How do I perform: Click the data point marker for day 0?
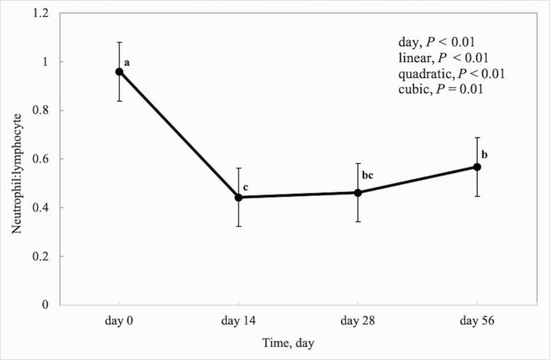click(x=119, y=72)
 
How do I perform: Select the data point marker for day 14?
click(x=238, y=198)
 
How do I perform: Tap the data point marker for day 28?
click(x=358, y=192)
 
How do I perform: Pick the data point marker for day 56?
click(x=477, y=167)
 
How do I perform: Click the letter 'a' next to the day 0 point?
click(x=127, y=63)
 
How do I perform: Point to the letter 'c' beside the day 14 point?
click(x=246, y=188)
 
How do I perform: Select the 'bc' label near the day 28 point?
click(x=368, y=175)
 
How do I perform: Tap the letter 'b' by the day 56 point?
click(x=485, y=154)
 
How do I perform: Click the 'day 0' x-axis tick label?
click(x=119, y=319)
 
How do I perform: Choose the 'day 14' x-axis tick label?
click(x=238, y=319)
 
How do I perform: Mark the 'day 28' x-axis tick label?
click(x=358, y=319)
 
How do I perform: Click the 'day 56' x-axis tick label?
click(x=477, y=319)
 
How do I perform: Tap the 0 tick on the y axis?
click(x=50, y=304)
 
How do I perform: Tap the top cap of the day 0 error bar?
click(x=119, y=42)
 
